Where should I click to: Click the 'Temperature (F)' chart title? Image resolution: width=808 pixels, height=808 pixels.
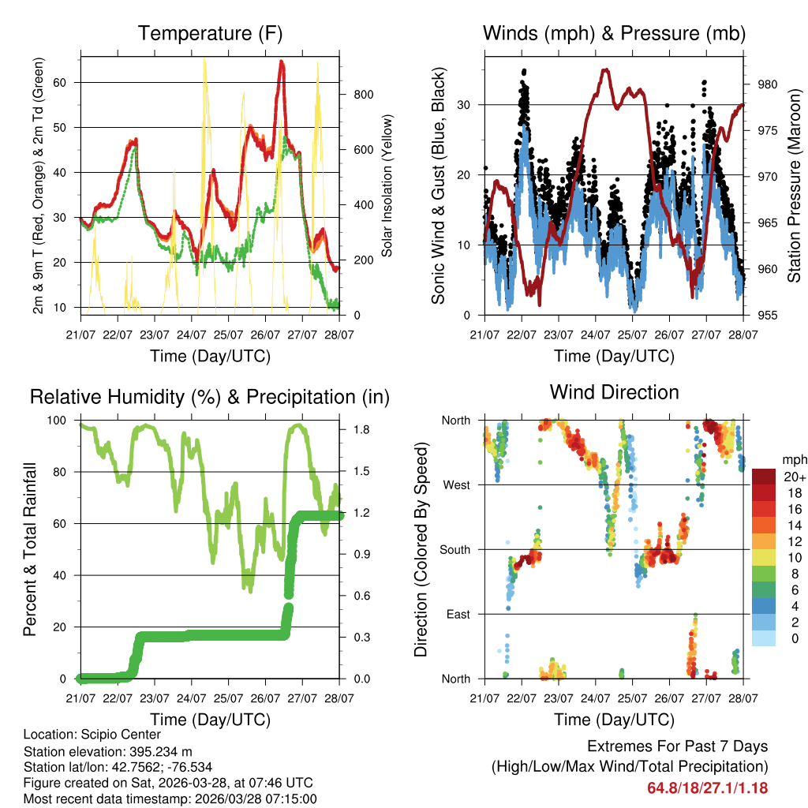tap(210, 34)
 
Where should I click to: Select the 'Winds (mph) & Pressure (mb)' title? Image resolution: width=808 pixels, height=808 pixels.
tap(614, 34)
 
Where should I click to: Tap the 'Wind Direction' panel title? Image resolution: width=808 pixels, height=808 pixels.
tap(614, 392)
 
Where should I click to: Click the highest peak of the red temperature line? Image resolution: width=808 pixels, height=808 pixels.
tap(282, 62)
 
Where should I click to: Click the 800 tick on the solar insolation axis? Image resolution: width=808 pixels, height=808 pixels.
tap(364, 95)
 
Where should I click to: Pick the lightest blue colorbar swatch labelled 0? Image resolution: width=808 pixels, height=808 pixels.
tap(764, 638)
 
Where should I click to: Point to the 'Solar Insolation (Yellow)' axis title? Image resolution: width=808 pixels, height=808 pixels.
tap(387, 186)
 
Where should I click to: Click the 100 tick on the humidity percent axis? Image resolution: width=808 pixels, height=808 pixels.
tap(62, 421)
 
